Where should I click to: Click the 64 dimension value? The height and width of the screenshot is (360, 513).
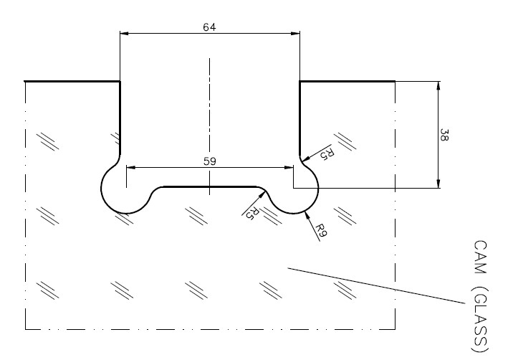(209, 27)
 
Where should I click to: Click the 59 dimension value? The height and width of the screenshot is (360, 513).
(210, 161)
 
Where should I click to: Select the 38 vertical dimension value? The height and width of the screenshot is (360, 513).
(444, 135)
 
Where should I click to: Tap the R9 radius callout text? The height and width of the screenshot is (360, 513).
(321, 230)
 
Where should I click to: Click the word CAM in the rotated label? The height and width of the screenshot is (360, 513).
(480, 257)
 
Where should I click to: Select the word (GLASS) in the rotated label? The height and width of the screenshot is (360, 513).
(481, 319)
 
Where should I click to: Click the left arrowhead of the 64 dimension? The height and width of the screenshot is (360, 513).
(125, 33)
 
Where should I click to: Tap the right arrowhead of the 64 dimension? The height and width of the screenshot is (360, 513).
(295, 33)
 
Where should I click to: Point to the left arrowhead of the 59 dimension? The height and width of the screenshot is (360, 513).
(130, 167)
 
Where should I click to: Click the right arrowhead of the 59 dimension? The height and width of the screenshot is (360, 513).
(289, 167)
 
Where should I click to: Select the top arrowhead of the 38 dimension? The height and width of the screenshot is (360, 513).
(438, 85)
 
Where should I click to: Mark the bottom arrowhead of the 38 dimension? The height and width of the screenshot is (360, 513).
(438, 184)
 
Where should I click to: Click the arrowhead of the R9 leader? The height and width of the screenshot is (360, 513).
(306, 215)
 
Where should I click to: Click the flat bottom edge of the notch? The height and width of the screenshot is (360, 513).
(210, 187)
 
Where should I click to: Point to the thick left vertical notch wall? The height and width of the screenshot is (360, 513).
(120, 118)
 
